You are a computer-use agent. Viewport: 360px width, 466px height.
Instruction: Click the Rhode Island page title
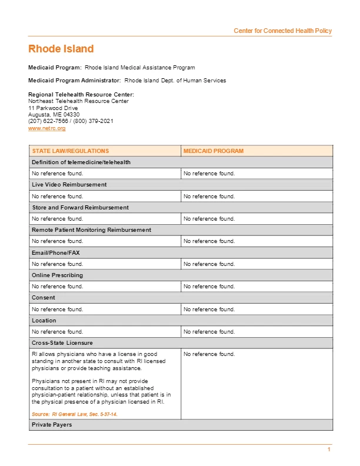(x=61, y=49)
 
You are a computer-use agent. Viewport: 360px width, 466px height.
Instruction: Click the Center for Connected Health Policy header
(x=282, y=31)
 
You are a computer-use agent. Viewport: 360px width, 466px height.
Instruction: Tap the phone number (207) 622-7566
(x=49, y=121)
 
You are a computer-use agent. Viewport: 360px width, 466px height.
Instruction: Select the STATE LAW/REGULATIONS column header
(x=70, y=151)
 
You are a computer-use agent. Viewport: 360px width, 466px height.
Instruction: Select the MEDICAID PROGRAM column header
(x=213, y=151)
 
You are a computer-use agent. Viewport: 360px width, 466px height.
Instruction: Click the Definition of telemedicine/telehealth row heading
(x=81, y=162)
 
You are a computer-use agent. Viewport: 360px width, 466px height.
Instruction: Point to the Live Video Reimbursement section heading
(x=69, y=185)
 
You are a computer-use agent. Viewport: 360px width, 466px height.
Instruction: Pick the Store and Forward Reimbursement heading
(x=80, y=208)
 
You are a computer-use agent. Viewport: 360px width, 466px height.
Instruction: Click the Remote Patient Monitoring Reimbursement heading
(x=91, y=230)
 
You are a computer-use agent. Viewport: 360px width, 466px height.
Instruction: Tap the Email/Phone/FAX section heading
(x=56, y=252)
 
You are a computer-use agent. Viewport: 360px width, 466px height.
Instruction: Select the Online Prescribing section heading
(x=57, y=275)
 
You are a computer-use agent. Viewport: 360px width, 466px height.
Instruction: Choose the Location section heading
(x=44, y=321)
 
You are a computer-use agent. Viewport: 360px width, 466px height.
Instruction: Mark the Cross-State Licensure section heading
(x=62, y=343)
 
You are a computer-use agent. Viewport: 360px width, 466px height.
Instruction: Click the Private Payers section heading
(x=52, y=425)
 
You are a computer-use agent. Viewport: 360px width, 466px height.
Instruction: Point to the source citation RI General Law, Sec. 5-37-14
(x=75, y=414)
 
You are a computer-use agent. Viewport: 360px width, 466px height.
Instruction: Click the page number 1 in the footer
(x=329, y=450)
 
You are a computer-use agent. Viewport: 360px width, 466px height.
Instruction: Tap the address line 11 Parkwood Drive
(x=53, y=108)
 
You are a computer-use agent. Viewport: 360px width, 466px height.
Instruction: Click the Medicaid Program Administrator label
(x=75, y=81)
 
